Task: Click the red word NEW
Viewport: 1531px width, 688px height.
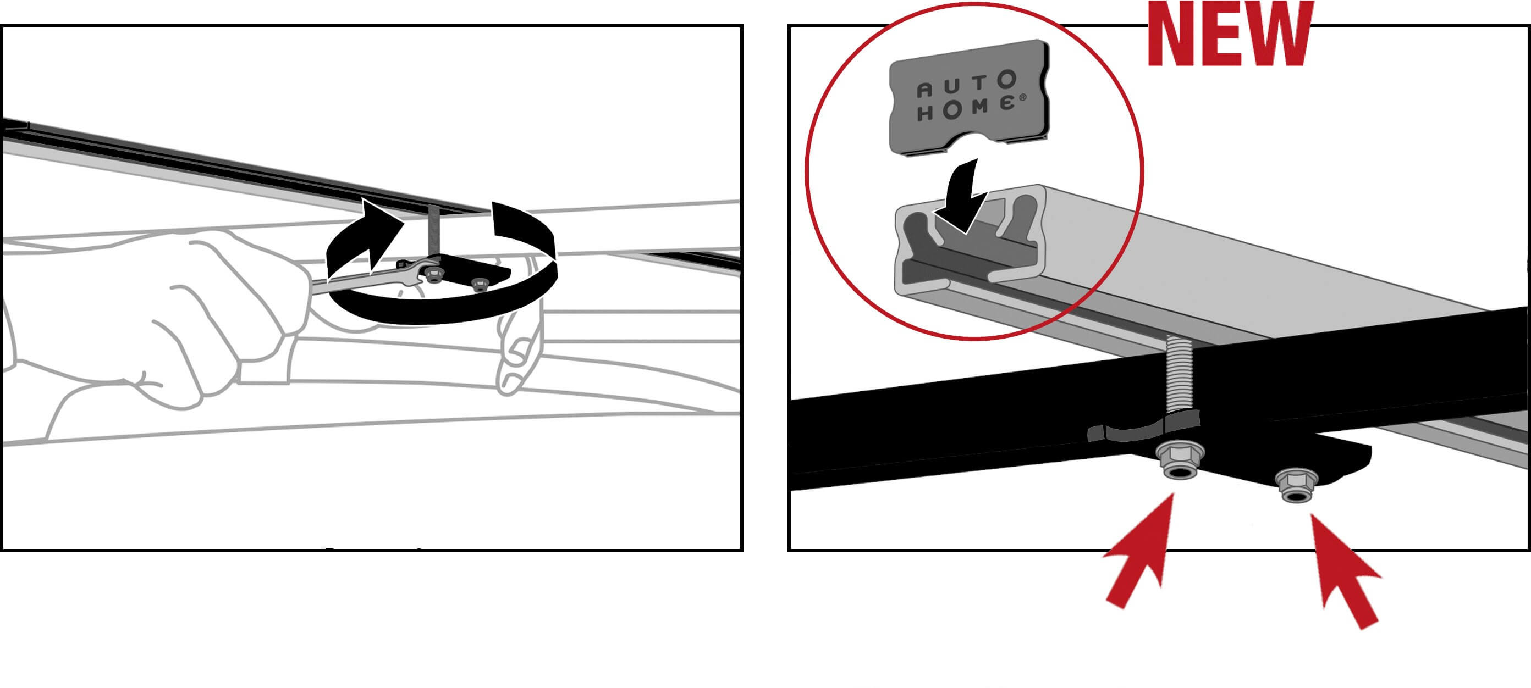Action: click(x=1230, y=35)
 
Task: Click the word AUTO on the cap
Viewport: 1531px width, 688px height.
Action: click(x=966, y=85)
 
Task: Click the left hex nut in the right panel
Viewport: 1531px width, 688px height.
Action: click(x=1180, y=459)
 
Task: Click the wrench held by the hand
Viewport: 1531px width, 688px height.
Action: click(x=375, y=278)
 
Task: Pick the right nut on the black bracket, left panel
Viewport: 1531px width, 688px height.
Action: click(x=480, y=284)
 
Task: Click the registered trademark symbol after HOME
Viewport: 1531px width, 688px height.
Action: click(x=1022, y=97)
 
